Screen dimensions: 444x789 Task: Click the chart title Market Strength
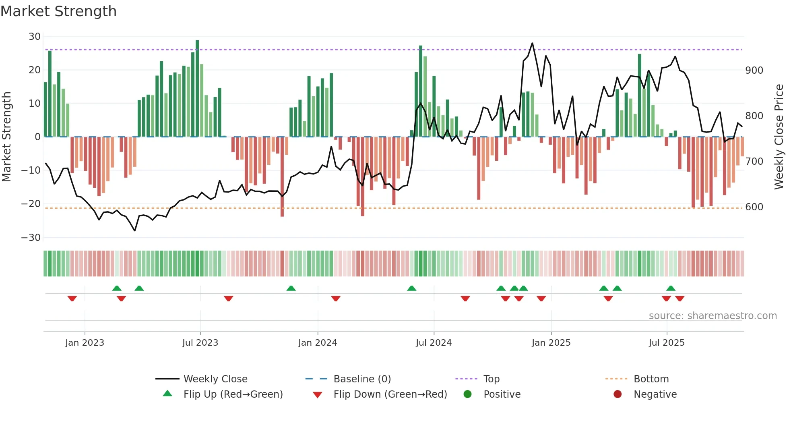tap(58, 11)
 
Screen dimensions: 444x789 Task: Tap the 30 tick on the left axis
tap(35, 37)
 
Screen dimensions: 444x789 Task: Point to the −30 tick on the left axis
tap(31, 237)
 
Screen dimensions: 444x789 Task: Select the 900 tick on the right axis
tap(754, 71)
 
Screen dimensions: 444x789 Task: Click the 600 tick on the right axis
tap(754, 207)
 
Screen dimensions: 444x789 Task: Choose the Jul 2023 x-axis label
tap(200, 343)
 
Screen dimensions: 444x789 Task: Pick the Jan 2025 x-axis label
tap(551, 343)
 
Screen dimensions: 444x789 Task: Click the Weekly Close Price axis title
tap(779, 137)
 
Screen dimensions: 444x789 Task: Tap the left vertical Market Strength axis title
tap(7, 137)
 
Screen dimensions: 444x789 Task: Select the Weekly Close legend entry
tap(215, 379)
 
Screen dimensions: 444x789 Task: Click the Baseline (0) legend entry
tap(362, 379)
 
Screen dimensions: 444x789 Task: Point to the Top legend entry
tap(491, 379)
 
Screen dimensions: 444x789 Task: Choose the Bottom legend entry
tap(651, 379)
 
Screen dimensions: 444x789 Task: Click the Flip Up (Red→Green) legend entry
tap(233, 394)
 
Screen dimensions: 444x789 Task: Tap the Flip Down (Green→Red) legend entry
tap(390, 394)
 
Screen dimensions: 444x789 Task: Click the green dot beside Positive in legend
tap(467, 394)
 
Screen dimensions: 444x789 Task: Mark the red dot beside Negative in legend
tap(618, 394)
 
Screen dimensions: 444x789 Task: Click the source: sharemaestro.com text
tap(713, 316)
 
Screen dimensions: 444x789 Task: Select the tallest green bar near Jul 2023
tap(197, 89)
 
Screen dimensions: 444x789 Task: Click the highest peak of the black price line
tap(532, 43)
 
